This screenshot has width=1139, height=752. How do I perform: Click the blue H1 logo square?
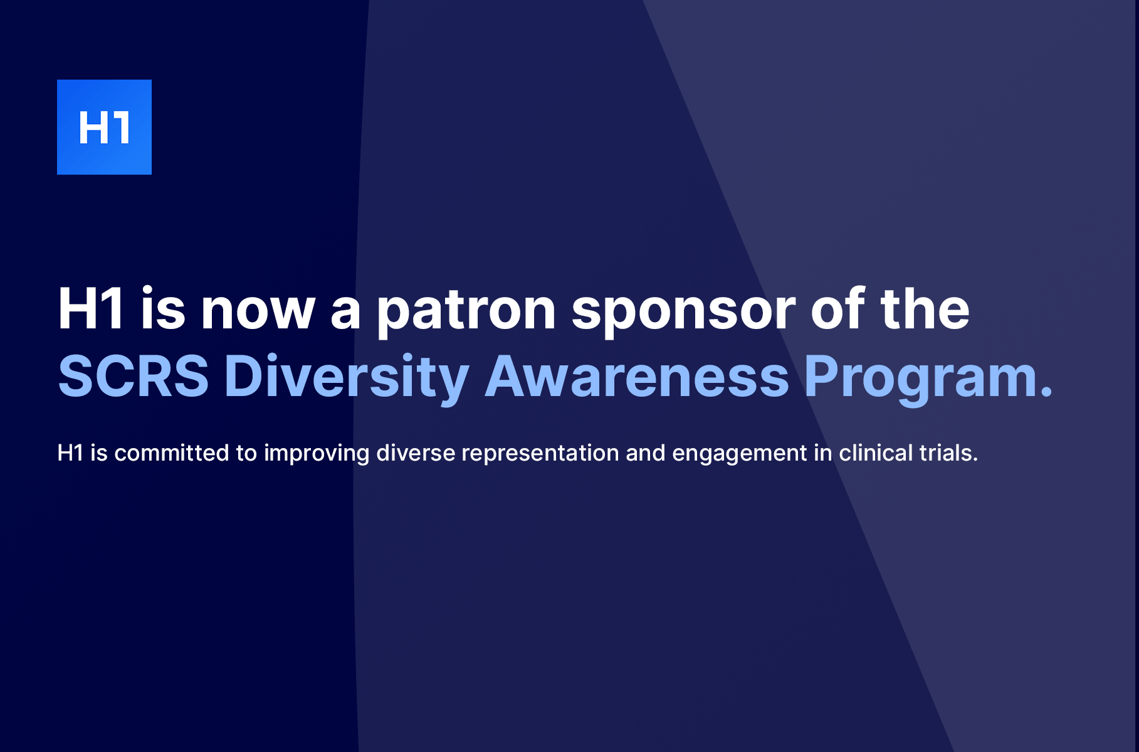point(104,127)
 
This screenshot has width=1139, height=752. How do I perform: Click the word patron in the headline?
point(466,310)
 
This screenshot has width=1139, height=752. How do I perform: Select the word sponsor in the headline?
point(683,310)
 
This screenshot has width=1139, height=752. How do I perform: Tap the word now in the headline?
point(258,310)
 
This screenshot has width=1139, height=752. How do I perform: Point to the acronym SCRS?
point(134,377)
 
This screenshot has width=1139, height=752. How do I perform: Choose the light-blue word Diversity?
point(347,377)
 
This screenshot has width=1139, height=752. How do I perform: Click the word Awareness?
point(637,377)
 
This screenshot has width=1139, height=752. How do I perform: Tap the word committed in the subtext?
point(172,452)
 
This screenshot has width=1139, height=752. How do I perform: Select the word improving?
point(317,452)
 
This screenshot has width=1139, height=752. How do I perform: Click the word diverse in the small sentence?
point(416,452)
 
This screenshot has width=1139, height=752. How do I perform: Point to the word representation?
point(540,452)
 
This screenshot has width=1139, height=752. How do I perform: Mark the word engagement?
point(740,452)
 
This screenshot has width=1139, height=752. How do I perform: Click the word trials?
point(947,452)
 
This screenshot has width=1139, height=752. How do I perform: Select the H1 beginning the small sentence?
point(70,452)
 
